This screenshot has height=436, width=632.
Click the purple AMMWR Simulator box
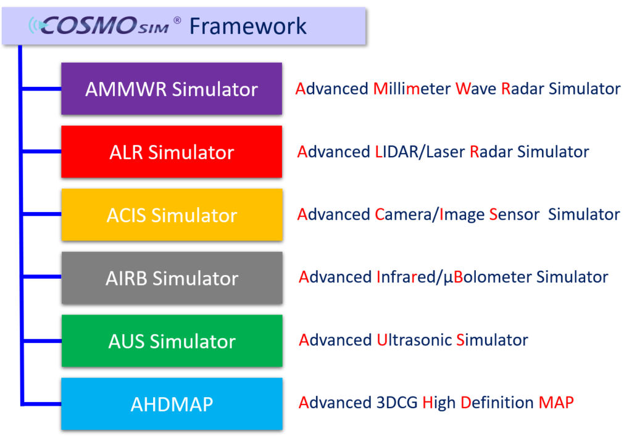click(x=172, y=89)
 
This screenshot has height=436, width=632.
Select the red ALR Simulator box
click(x=172, y=152)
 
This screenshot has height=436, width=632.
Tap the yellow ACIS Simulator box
click(x=172, y=215)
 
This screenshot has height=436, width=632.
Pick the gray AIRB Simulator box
click(x=172, y=278)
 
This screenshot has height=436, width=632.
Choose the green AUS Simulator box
click(x=172, y=341)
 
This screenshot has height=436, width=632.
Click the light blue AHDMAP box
click(x=172, y=404)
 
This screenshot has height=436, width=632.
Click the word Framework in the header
click(x=247, y=26)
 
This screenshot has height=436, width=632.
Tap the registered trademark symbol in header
click(x=177, y=20)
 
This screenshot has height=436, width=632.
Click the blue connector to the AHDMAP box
click(x=41, y=404)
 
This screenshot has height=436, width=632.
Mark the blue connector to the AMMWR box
click(x=41, y=89)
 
